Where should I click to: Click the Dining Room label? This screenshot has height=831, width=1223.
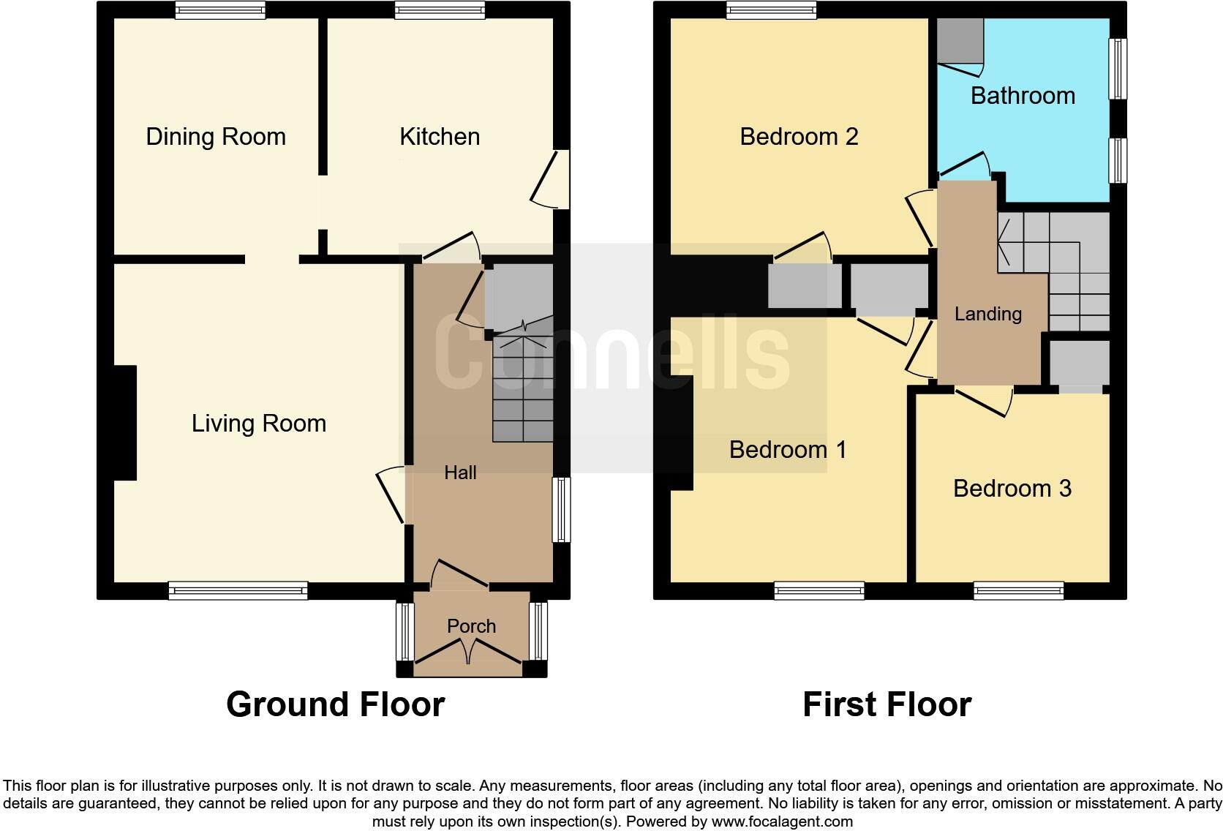click(216, 137)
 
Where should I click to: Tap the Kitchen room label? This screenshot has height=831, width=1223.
click(440, 137)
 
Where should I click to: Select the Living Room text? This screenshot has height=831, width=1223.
click(259, 424)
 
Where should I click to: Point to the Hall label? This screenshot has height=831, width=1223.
click(460, 473)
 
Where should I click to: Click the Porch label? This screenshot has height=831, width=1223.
click(471, 626)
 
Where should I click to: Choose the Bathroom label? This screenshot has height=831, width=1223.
click(1023, 96)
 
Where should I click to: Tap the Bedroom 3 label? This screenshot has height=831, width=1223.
click(1012, 488)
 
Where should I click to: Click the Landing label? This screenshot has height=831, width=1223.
click(987, 314)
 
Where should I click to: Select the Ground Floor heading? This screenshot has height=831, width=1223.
click(335, 704)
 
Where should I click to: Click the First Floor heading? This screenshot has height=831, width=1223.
click(887, 704)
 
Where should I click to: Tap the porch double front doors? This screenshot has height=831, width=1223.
click(469, 651)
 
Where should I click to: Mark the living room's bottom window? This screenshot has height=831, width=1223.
click(238, 590)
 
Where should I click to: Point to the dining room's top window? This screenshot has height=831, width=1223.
click(219, 10)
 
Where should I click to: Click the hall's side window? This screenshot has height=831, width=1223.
click(561, 510)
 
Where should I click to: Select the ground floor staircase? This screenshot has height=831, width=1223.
click(522, 388)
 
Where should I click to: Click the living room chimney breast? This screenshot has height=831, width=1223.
click(124, 423)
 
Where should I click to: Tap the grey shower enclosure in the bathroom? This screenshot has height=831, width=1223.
click(960, 41)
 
